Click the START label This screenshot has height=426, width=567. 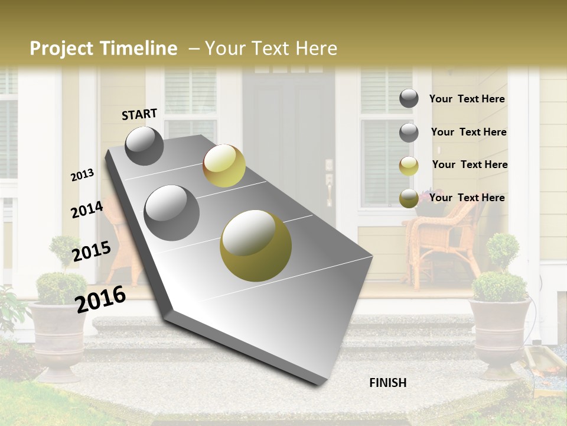click(139, 114)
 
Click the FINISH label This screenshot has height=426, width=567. click(387, 383)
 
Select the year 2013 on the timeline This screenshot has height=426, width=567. click(83, 175)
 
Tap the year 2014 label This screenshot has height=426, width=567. click(87, 209)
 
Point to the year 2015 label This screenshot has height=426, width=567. click(92, 251)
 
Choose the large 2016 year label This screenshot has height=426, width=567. click(100, 299)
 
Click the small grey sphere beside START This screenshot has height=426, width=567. click(144, 146)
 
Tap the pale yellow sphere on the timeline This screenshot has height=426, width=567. click(224, 166)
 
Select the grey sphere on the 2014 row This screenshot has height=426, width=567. click(172, 212)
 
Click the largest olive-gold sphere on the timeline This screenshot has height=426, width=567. click(256, 246)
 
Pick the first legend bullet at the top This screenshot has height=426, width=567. click(409, 99)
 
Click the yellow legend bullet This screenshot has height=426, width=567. click(409, 166)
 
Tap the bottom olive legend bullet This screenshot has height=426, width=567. click(409, 198)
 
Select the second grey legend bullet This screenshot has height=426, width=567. click(409, 133)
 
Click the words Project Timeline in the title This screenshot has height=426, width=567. click(103, 49)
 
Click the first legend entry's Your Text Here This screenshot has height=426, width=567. click(467, 99)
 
